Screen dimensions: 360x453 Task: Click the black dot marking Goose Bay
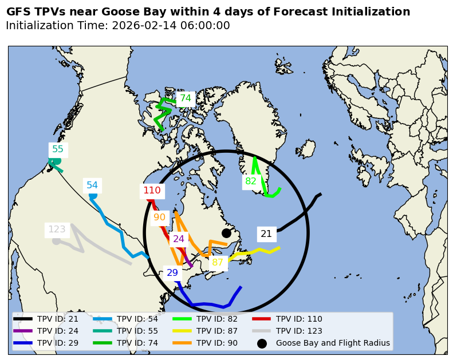click(226, 233)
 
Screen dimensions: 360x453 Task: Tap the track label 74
click(186, 98)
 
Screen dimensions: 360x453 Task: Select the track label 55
click(58, 149)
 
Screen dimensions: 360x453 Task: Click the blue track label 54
click(92, 185)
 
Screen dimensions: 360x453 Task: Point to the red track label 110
click(152, 191)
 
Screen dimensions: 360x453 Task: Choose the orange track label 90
click(159, 217)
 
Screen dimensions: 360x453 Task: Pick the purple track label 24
click(179, 239)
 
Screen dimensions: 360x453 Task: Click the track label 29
click(172, 273)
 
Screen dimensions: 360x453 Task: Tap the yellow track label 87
click(218, 263)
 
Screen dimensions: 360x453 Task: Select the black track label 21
click(266, 234)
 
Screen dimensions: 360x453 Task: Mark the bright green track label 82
click(251, 181)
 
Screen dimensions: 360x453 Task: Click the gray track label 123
click(57, 230)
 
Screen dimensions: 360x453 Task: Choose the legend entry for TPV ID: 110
click(299, 319)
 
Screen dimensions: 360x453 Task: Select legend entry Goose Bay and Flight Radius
click(333, 343)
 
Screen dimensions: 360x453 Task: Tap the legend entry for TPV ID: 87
click(217, 331)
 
